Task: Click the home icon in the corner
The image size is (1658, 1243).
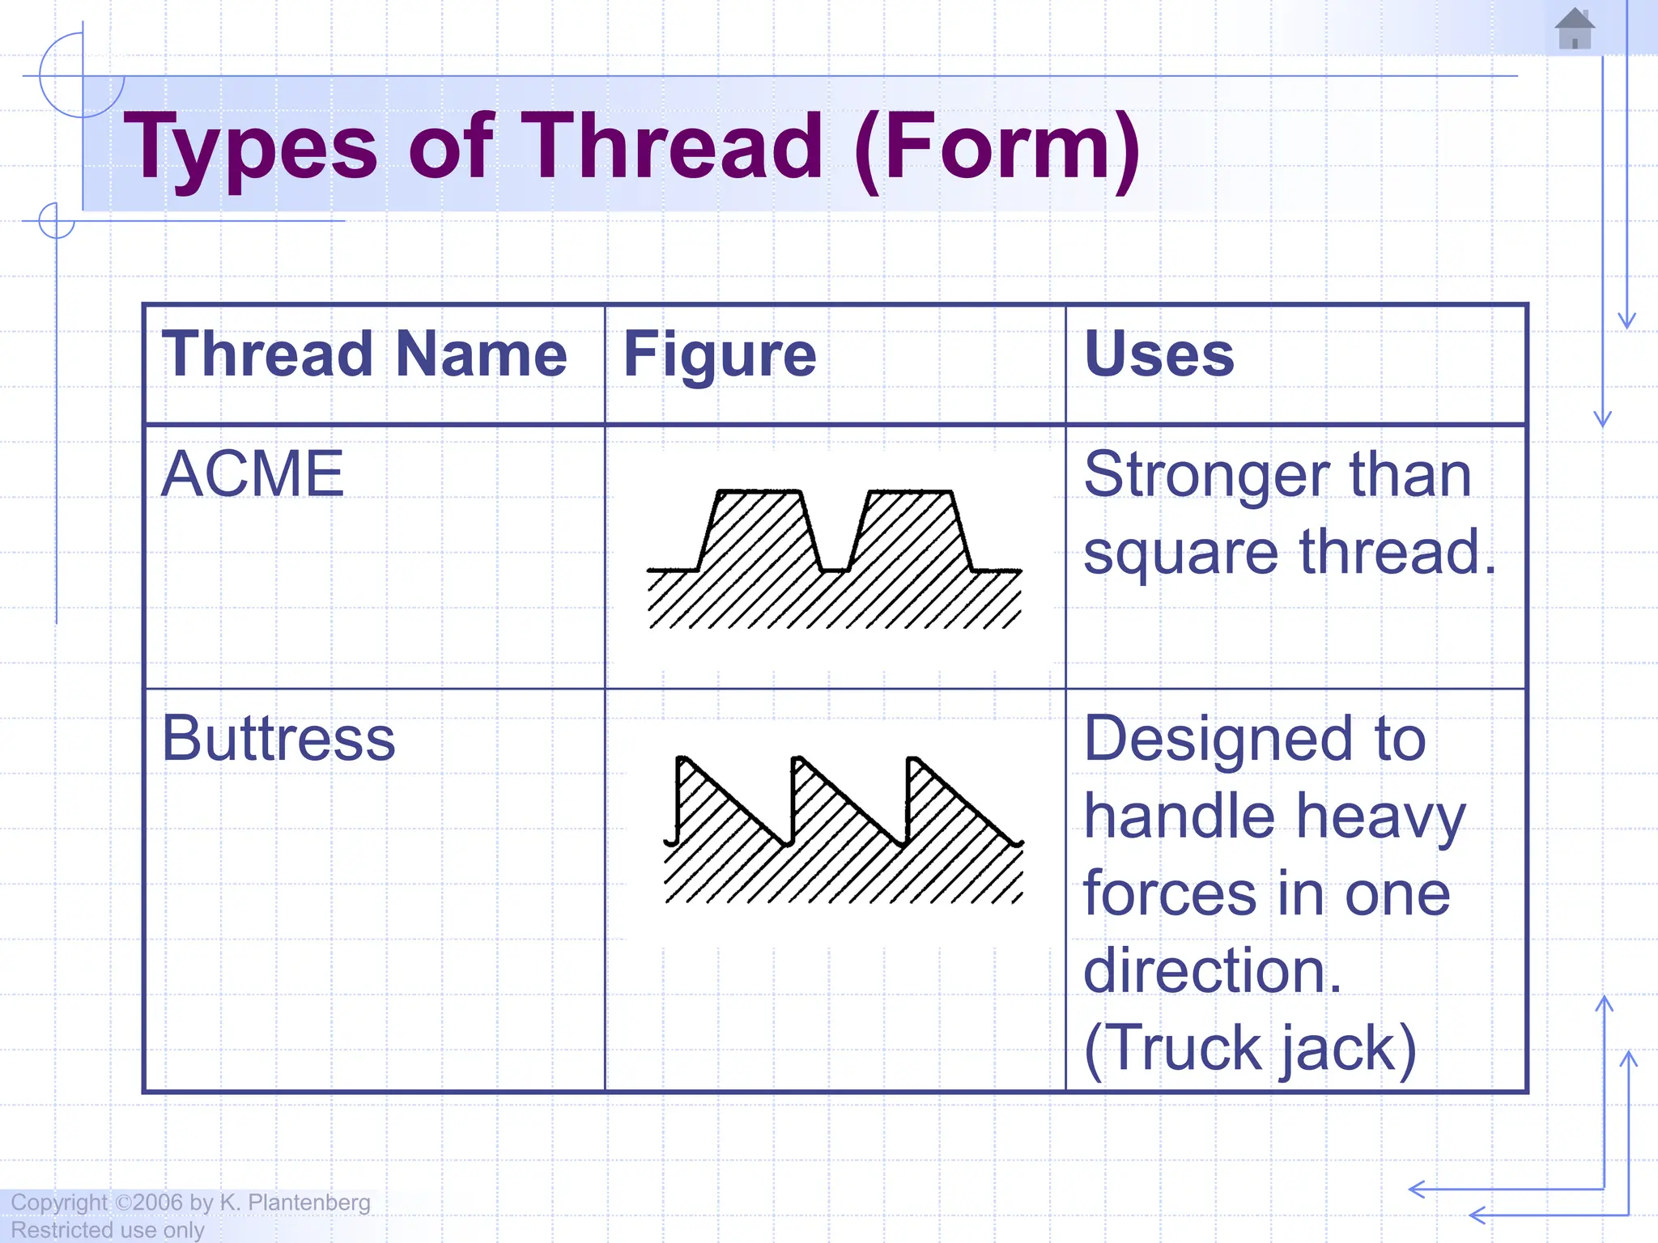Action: coord(1575,29)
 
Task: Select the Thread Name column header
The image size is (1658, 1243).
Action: coord(364,354)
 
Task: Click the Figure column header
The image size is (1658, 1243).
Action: coord(720,354)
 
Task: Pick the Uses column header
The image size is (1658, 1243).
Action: coord(1158,354)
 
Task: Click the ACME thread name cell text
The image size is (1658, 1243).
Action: coord(253,474)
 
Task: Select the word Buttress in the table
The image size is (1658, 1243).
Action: coord(278,738)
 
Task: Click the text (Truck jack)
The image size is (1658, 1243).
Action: coord(1249,1049)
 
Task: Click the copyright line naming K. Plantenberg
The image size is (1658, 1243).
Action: coord(191,1203)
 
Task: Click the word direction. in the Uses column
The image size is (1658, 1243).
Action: coord(1212,971)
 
